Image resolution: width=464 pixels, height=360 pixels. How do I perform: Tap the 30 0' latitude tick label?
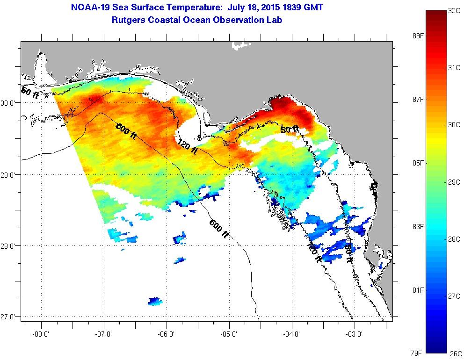click(x=9, y=102)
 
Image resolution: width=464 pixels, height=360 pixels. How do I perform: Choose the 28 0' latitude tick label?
click(x=9, y=245)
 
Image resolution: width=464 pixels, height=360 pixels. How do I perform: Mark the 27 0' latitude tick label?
click(x=9, y=317)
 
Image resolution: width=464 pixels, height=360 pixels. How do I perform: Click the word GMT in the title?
click(x=312, y=7)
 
